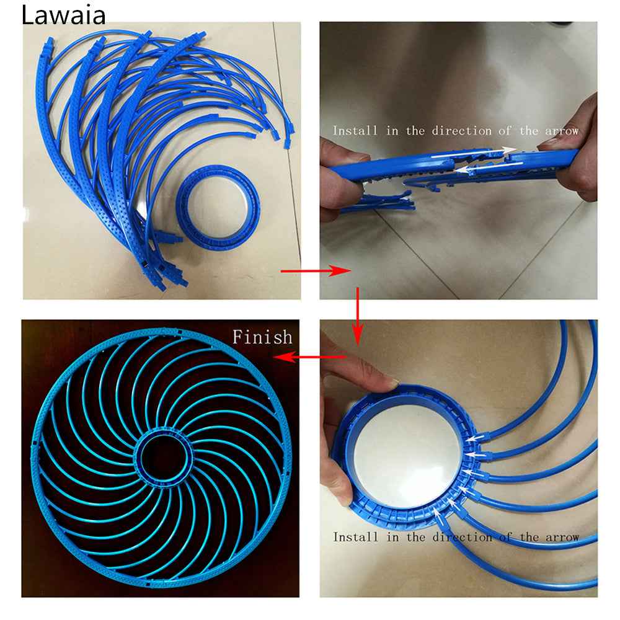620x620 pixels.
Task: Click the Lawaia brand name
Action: [x=63, y=15]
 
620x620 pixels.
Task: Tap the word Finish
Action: [x=262, y=337]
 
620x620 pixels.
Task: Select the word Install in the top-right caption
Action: [x=355, y=131]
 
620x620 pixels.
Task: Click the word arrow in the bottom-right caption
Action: [x=560, y=537]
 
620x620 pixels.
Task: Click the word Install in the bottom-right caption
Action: [x=355, y=537]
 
